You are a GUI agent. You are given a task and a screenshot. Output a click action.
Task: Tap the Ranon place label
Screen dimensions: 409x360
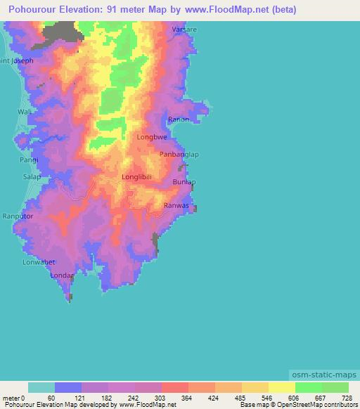click(178, 119)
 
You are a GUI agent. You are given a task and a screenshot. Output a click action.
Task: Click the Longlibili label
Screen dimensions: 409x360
click(136, 177)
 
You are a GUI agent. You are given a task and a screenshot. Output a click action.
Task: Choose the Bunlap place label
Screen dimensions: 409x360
click(184, 182)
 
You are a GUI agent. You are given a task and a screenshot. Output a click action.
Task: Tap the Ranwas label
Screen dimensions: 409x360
click(176, 205)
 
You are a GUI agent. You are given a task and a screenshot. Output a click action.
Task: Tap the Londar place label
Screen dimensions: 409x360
click(62, 275)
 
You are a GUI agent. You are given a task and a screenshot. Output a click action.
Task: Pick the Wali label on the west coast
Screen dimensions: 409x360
click(25, 112)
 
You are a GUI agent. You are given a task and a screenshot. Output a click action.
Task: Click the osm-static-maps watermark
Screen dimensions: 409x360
click(321, 373)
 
